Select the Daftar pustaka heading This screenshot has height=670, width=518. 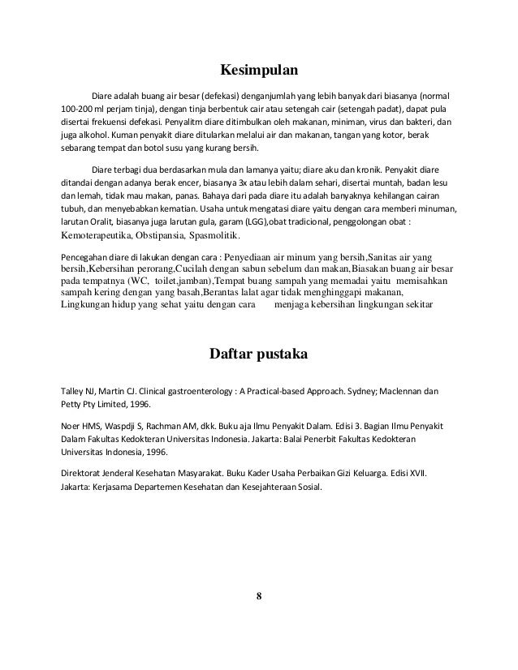(258, 354)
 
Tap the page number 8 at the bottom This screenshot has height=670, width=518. (258, 598)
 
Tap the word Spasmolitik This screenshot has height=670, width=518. (214, 236)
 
